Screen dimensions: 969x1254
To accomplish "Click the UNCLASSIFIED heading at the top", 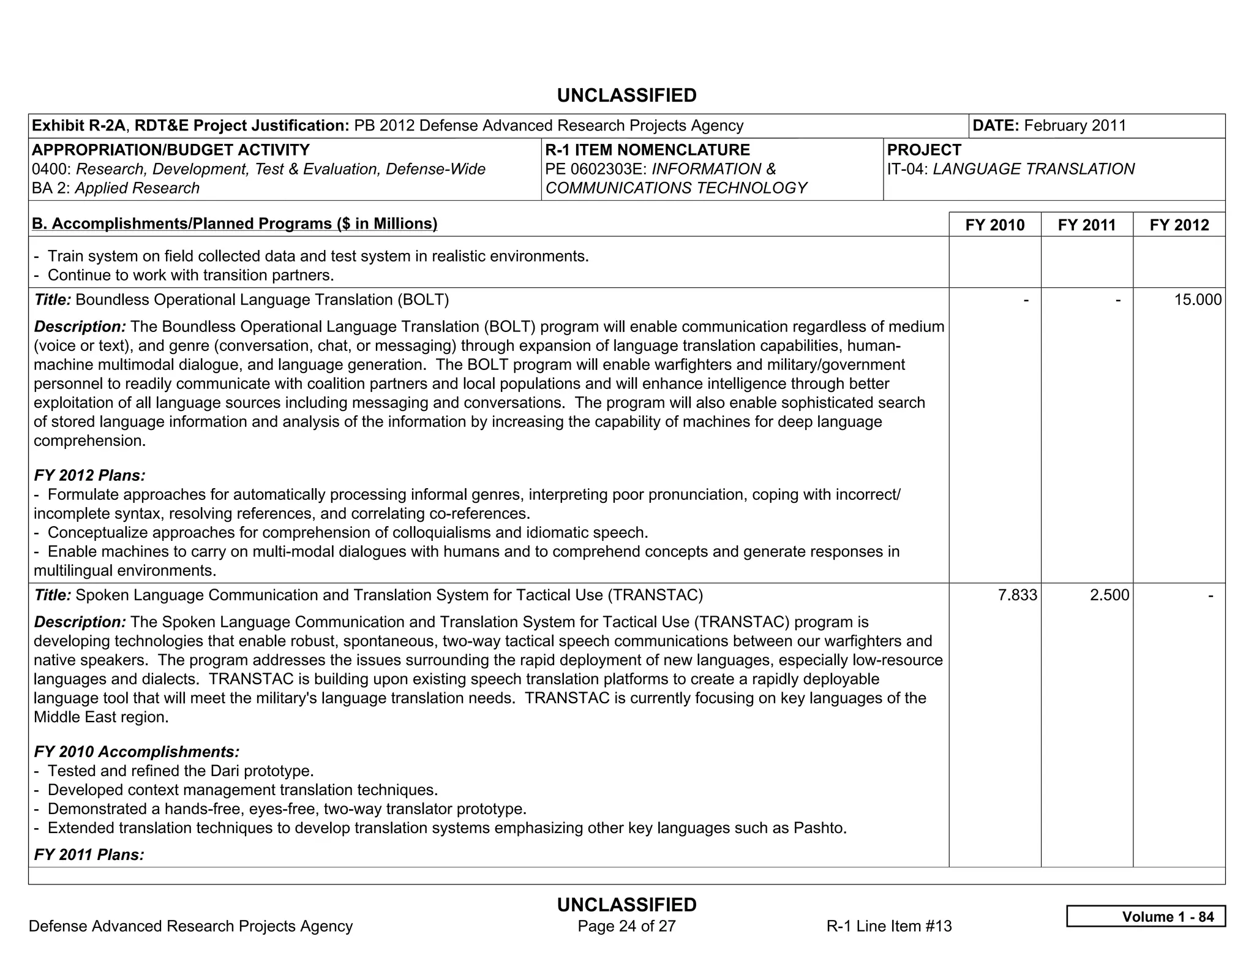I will (x=626, y=96).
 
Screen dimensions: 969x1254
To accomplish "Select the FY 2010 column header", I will (x=994, y=225).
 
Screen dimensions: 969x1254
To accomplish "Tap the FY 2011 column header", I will (x=1086, y=225).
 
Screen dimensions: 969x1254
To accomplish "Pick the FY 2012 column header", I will (x=1179, y=225).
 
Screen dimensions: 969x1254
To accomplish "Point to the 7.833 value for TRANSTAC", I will (x=1017, y=595).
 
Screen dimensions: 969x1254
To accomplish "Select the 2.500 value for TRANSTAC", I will (x=1109, y=595).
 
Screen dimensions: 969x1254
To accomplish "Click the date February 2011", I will (x=1075, y=126).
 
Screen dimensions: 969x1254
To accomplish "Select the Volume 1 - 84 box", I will (x=1145, y=916).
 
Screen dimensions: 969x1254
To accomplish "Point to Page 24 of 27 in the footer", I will (x=626, y=926).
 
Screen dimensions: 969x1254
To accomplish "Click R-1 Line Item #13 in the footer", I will (x=888, y=926).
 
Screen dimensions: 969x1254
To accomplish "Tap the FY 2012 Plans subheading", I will (x=89, y=475).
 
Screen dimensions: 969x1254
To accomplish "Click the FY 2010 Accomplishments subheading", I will (x=137, y=752).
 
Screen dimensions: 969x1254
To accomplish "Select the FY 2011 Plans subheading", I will (x=89, y=854).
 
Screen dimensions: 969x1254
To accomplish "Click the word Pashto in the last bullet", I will (x=819, y=828).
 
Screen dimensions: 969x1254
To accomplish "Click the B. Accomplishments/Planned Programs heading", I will (x=235, y=224).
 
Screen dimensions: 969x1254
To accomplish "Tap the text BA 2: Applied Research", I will (x=116, y=188).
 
